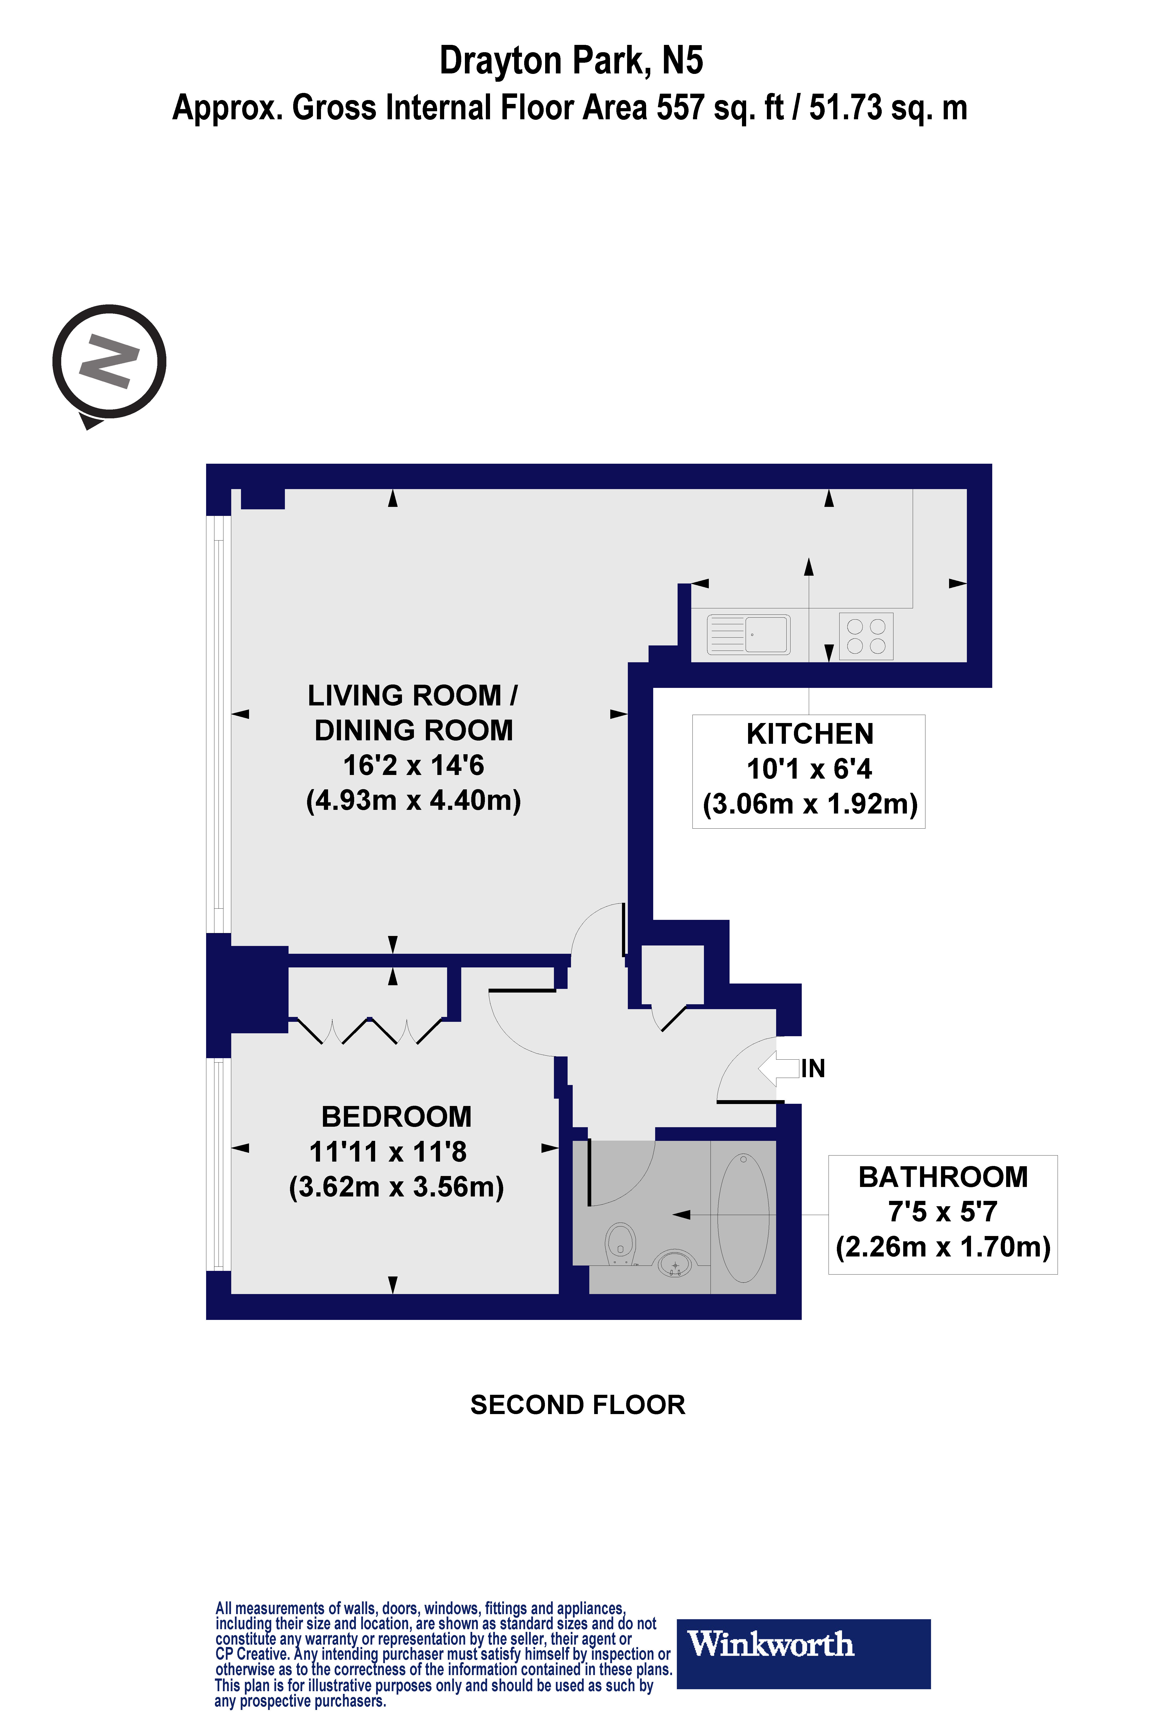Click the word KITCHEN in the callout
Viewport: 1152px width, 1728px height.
(810, 734)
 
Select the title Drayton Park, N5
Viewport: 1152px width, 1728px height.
(571, 61)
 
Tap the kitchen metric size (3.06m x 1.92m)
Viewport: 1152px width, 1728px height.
(810, 804)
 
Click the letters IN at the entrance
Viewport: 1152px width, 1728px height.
(813, 1068)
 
